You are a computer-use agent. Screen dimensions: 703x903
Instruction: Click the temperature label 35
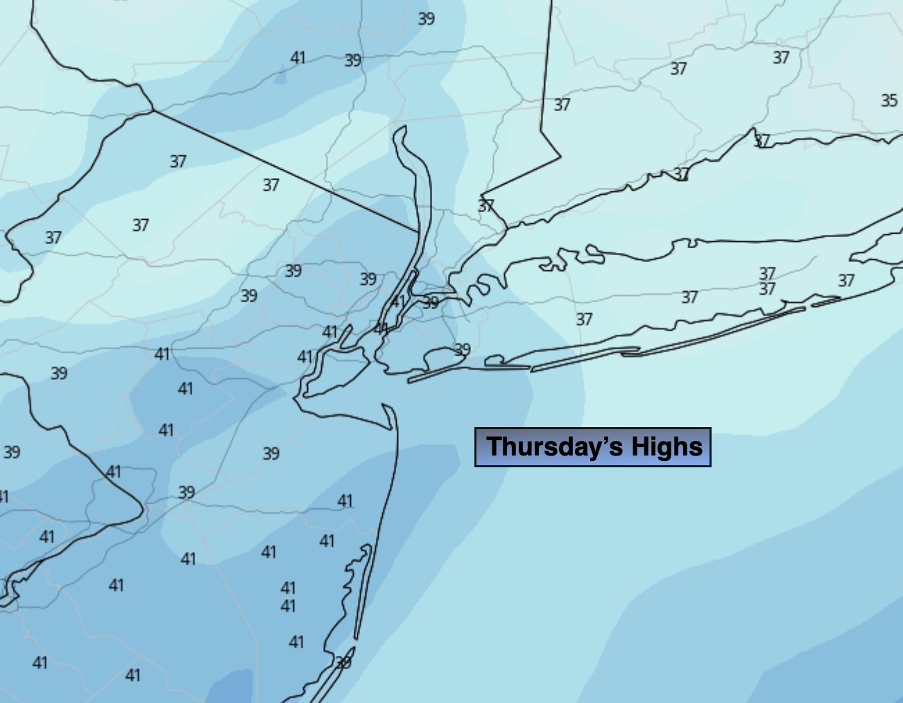(x=889, y=101)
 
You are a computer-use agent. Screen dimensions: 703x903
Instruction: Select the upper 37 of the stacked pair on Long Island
(x=767, y=274)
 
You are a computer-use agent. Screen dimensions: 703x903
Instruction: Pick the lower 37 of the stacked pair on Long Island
(x=767, y=288)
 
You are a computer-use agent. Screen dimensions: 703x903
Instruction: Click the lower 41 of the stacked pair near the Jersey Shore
(x=289, y=606)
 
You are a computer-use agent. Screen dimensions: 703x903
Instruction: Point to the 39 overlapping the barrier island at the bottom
(x=343, y=663)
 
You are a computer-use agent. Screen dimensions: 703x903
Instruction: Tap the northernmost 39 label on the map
(x=427, y=19)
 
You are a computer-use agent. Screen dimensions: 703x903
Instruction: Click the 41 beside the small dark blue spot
(x=298, y=58)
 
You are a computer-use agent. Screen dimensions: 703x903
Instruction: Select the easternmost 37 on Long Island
(x=846, y=281)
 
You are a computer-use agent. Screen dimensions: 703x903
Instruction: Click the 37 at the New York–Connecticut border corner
(x=486, y=206)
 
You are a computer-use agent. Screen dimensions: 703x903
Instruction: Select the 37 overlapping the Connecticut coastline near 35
(x=762, y=141)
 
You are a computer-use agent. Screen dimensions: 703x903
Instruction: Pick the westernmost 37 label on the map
(x=53, y=238)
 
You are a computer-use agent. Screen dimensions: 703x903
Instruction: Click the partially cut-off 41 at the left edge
(x=3, y=496)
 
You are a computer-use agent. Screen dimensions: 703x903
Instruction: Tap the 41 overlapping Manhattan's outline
(x=398, y=302)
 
